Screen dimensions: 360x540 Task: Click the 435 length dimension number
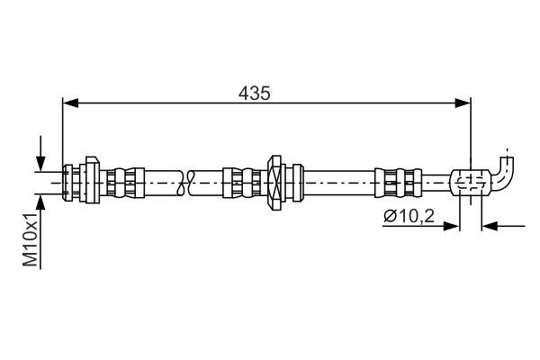click(255, 93)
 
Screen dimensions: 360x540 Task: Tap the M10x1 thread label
click(31, 241)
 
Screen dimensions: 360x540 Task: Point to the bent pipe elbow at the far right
click(505, 173)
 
